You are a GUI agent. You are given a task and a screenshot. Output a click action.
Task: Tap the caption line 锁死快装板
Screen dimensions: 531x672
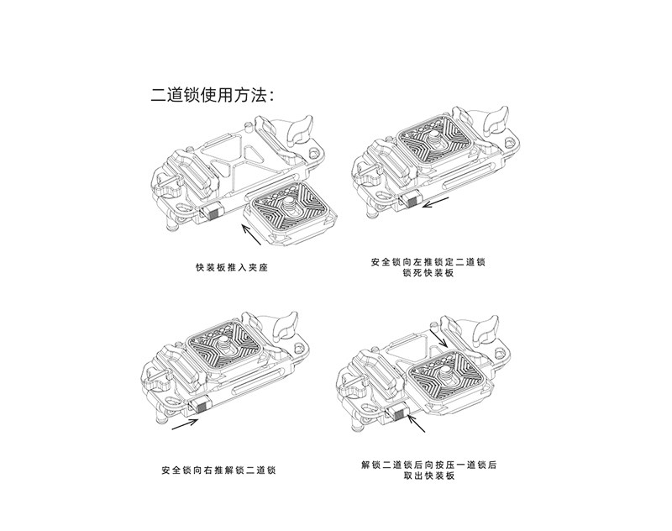tap(428, 275)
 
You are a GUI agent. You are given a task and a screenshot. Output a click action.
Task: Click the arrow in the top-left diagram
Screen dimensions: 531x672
tap(255, 223)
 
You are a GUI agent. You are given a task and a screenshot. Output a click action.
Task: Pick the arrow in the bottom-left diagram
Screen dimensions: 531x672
tap(186, 424)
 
